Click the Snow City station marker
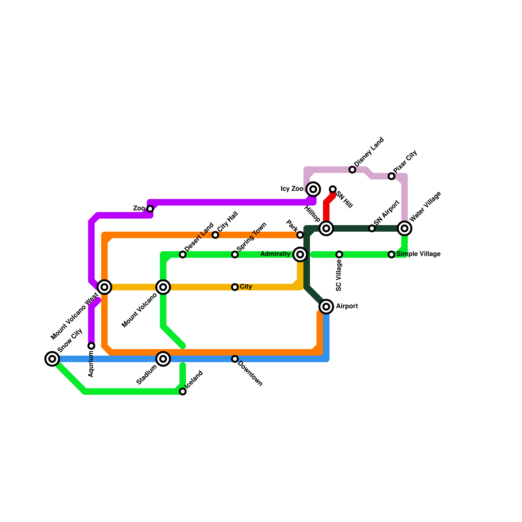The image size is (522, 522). coord(52,359)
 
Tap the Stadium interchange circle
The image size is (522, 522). coord(163,359)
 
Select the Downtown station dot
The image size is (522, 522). coord(235,359)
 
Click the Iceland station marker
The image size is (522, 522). coord(183,391)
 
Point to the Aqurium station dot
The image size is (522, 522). coord(92,346)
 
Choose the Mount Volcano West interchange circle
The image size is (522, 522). coord(104,287)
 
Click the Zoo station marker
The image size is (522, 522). coord(150,209)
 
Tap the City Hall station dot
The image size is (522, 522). coord(215,235)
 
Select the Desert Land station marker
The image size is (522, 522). coord(183,254)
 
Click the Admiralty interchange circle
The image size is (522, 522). coord(300,254)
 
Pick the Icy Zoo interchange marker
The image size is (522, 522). coord(313,189)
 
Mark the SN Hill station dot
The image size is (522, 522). coord(333,189)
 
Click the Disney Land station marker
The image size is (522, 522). coord(352,170)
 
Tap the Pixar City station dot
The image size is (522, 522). coord(391,176)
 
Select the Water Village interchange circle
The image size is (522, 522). coord(405,228)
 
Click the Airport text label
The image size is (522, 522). coord(347,306)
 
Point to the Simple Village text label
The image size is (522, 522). coord(418,254)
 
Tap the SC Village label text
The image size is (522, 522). coord(339,276)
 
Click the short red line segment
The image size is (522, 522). coord(327,209)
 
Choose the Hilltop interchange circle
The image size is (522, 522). coord(326,228)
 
